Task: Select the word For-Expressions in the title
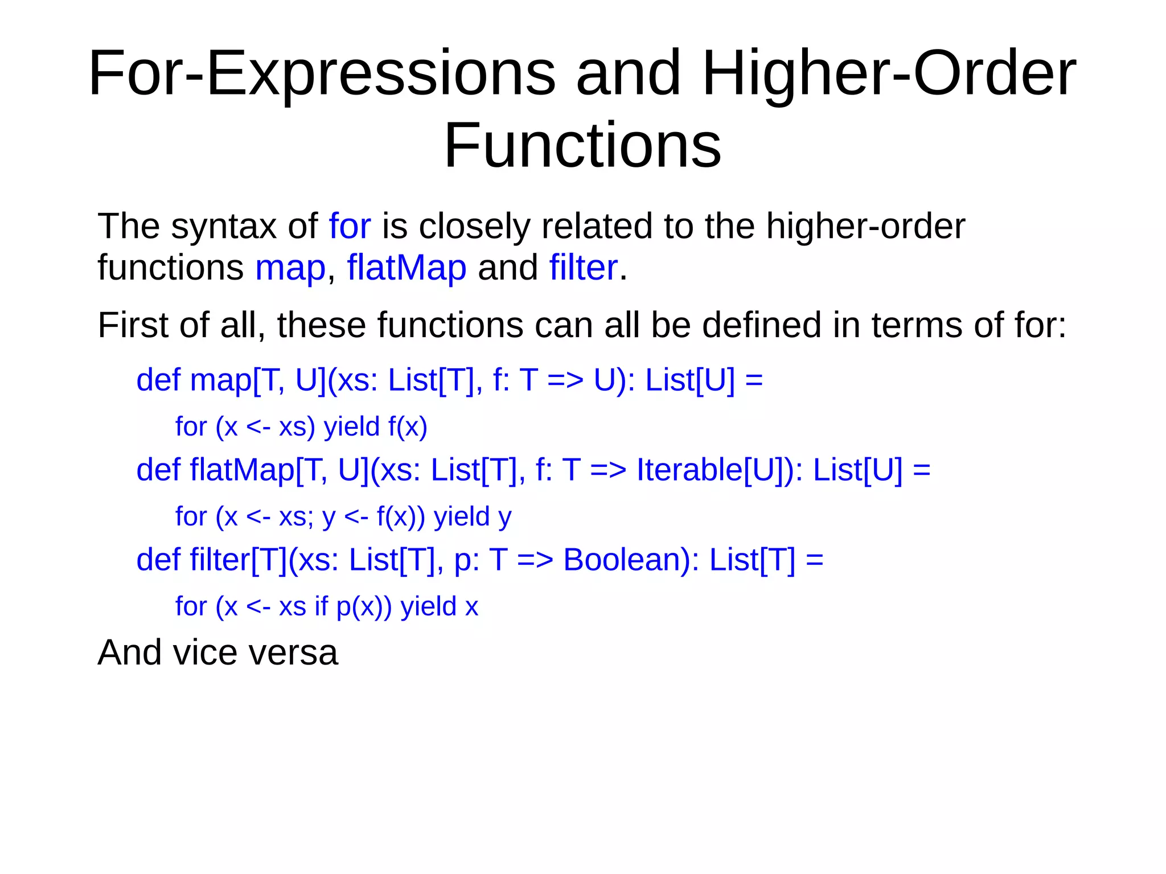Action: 322,74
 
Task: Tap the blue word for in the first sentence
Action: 350,226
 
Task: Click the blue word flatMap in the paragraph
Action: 407,268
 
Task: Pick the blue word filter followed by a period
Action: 583,268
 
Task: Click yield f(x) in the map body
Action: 375,426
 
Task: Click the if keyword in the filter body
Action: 321,606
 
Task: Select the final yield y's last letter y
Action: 504,518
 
